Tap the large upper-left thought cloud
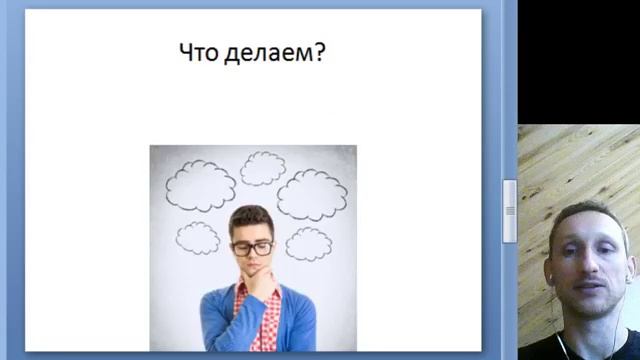point(200,184)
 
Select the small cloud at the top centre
point(262,167)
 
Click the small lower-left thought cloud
point(198,237)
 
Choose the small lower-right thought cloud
point(308,243)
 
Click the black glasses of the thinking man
point(251,247)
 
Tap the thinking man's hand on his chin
point(261,286)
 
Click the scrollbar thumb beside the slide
point(509,211)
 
